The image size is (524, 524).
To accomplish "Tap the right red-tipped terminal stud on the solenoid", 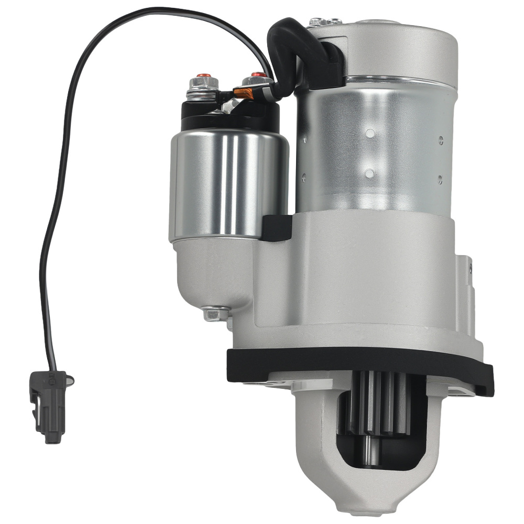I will click(256, 75).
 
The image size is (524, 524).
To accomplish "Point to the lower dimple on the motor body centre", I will click(370, 173).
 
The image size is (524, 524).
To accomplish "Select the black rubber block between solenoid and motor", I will click(276, 227).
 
